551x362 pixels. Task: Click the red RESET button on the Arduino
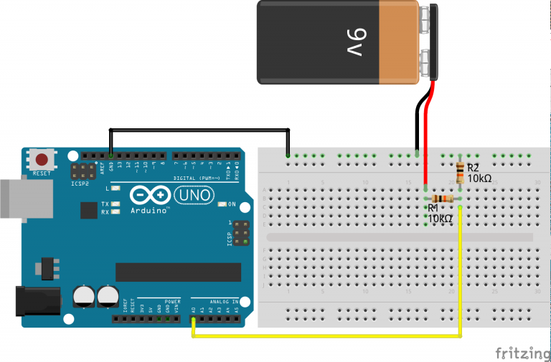(42, 160)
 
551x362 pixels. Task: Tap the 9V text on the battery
(359, 42)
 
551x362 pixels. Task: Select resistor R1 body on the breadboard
(443, 199)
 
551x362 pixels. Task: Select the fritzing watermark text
(522, 353)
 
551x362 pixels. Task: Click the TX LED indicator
(115, 204)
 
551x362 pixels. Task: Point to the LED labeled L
(115, 188)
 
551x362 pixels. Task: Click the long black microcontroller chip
(178, 272)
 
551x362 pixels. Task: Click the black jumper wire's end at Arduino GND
(110, 155)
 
